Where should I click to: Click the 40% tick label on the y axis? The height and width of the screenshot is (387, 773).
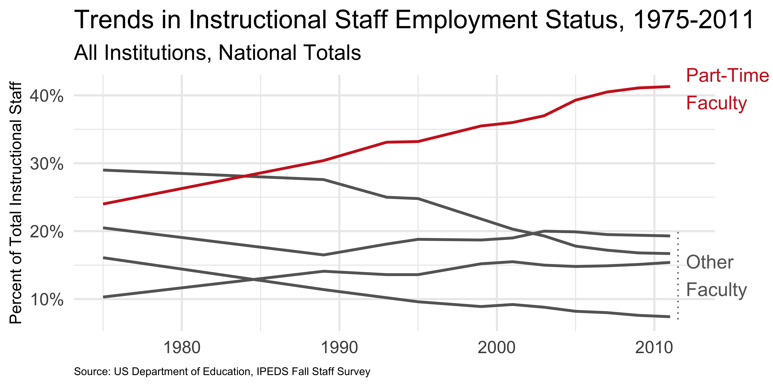tap(47, 96)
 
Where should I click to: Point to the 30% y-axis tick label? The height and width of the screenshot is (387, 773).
tap(47, 164)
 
